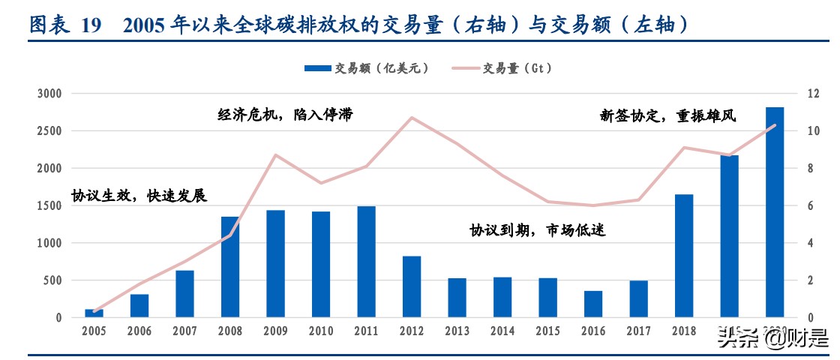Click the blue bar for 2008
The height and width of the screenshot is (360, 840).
point(230,267)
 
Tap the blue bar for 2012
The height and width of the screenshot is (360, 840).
point(412,286)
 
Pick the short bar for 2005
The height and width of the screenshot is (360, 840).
point(94,313)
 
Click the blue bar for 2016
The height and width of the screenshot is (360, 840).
point(593,304)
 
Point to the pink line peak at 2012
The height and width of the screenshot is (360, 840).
point(412,117)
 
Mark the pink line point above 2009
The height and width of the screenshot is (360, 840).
point(276,155)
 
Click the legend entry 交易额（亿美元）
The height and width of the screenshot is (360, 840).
point(367,68)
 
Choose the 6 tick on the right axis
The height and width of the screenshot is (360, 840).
point(811,205)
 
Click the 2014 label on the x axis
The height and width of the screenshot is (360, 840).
point(502,331)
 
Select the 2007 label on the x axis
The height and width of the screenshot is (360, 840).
point(184,331)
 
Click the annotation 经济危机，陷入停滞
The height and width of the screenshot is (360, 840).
point(284,115)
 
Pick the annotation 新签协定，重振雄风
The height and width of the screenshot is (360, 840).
point(667,115)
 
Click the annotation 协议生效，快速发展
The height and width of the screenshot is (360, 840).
point(139,195)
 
